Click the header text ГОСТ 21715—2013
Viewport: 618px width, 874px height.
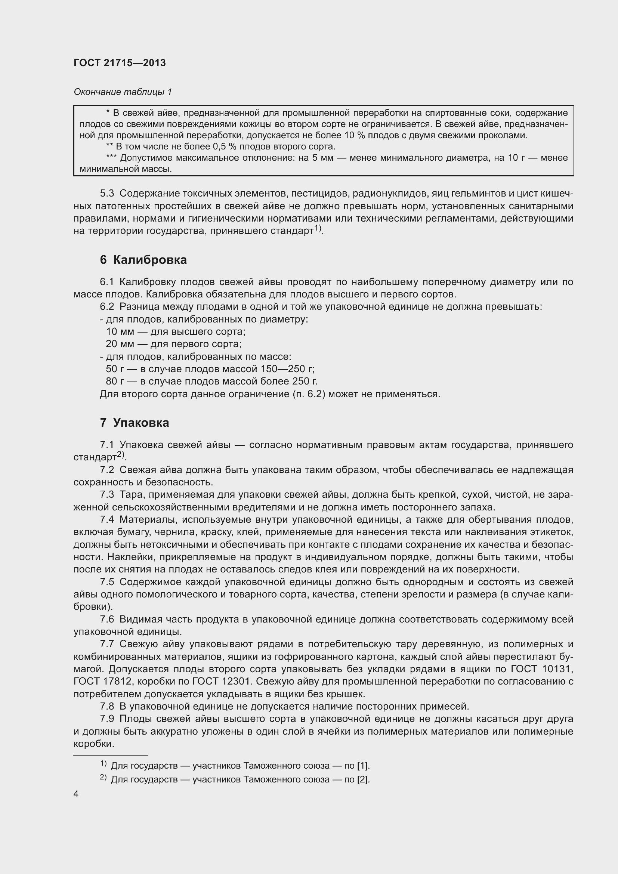120,63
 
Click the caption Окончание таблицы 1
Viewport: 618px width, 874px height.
123,92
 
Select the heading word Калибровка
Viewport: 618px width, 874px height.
149,260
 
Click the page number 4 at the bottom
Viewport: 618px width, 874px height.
76,794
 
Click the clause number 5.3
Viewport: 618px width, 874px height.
107,194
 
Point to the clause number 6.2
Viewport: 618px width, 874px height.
107,306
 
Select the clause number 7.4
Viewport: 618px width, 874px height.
107,520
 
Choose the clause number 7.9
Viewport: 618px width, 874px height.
107,719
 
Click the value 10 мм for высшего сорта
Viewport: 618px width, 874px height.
120,331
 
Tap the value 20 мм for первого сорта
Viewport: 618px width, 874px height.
120,344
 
